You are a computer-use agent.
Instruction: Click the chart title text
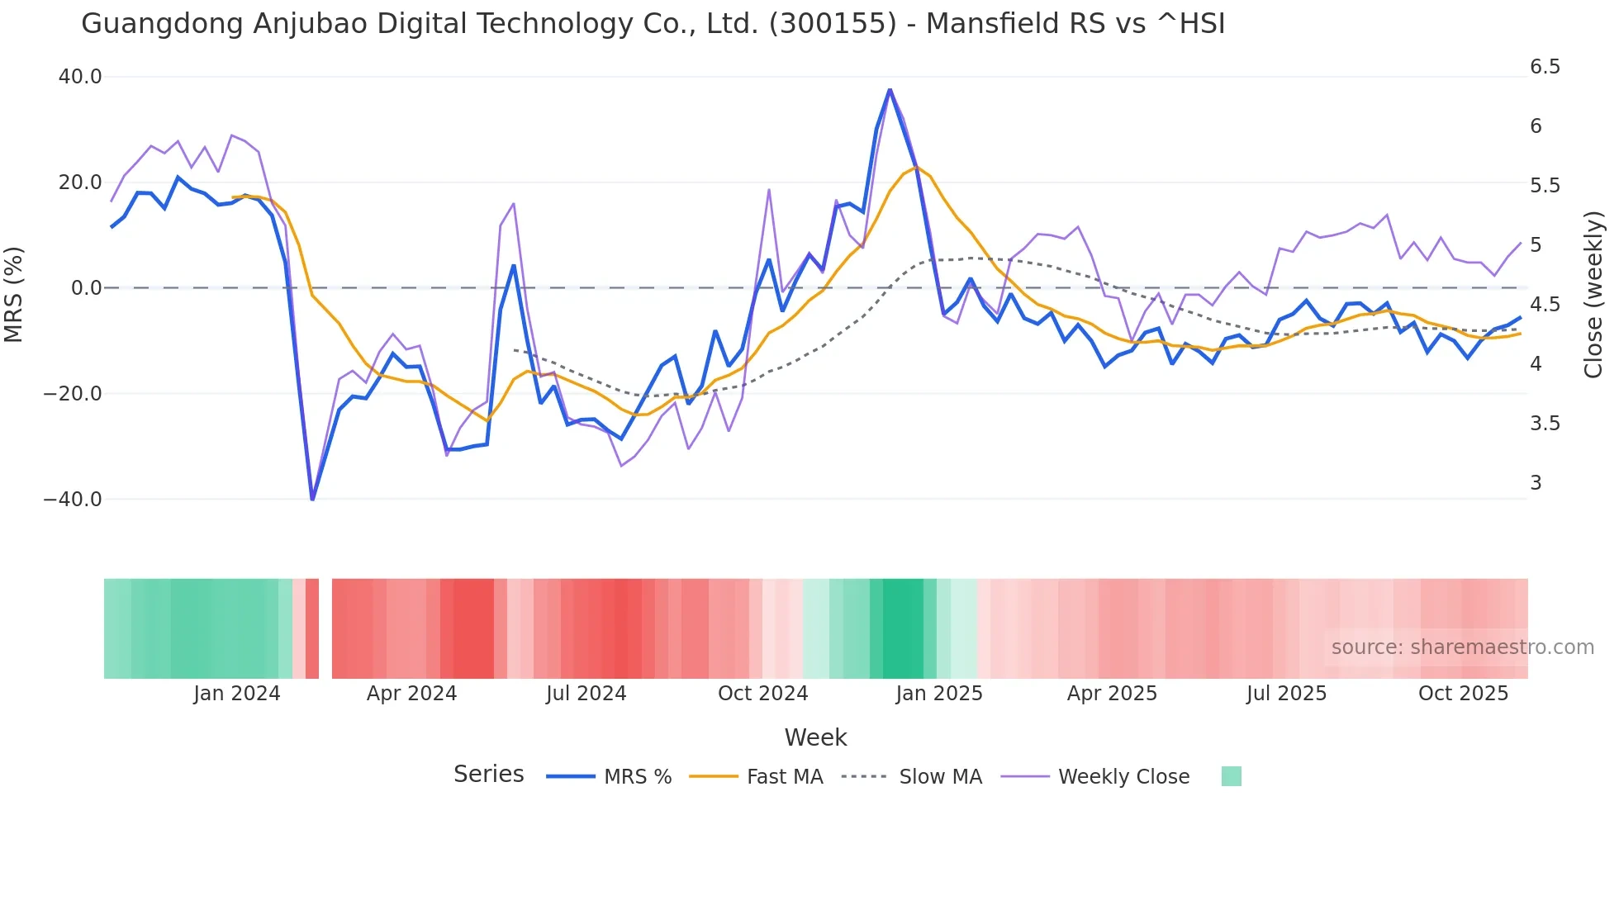pyautogui.click(x=653, y=24)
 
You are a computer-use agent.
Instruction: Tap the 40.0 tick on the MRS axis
pyautogui.click(x=80, y=77)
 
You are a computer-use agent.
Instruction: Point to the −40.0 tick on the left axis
pyautogui.click(x=73, y=500)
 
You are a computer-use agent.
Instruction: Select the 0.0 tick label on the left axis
pyautogui.click(x=86, y=288)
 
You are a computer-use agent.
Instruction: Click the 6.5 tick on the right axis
pyautogui.click(x=1545, y=67)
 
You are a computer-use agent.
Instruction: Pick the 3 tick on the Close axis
pyautogui.click(x=1536, y=483)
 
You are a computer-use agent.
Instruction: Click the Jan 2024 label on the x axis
pyautogui.click(x=237, y=694)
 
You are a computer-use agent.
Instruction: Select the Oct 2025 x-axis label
pyautogui.click(x=1463, y=694)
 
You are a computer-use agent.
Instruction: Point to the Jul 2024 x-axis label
pyautogui.click(x=586, y=694)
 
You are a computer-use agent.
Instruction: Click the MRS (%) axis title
pyautogui.click(x=14, y=294)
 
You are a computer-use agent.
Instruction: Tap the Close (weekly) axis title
pyautogui.click(x=1593, y=294)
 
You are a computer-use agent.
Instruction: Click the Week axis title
pyautogui.click(x=815, y=737)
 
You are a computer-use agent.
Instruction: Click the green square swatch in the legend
pyautogui.click(x=1231, y=776)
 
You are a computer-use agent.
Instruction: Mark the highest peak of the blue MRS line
pyautogui.click(x=890, y=89)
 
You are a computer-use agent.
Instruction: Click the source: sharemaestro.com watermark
pyautogui.click(x=1462, y=647)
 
